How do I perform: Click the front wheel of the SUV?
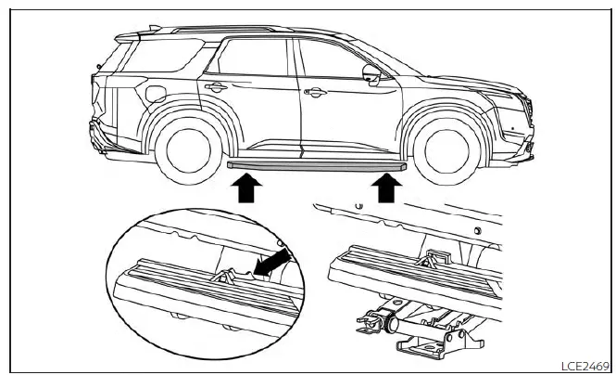[440, 148]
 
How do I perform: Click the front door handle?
[315, 92]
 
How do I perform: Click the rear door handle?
[217, 88]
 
